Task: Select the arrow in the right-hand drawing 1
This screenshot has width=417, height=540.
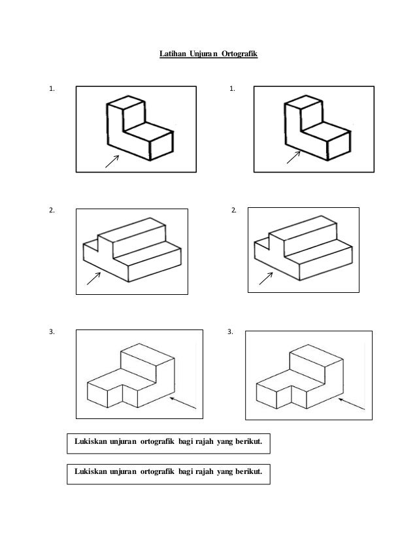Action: pos(292,158)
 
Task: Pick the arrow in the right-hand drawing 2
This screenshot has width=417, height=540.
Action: pos(266,278)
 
